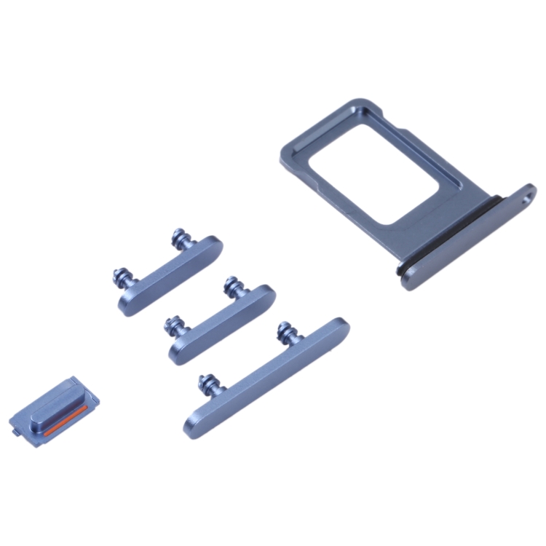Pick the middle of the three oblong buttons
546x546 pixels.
(222, 324)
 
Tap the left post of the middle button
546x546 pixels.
(175, 325)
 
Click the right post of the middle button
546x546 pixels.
(234, 285)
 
